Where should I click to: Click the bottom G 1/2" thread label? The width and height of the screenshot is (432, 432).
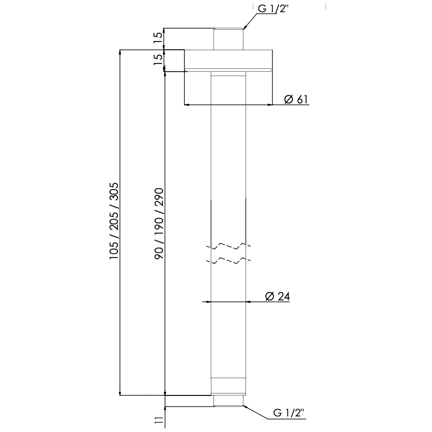289,413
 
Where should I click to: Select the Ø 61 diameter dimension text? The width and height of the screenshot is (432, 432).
296,99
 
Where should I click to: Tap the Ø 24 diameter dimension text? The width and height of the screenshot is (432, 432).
277,296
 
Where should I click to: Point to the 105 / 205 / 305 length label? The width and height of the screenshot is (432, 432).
114,222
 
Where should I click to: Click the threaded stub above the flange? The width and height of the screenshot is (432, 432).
228,39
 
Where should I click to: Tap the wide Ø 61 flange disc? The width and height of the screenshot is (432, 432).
228,61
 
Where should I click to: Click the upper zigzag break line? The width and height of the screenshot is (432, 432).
228,245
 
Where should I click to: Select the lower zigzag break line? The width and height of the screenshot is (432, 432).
228,259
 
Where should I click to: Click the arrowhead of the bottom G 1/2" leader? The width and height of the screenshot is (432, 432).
245,406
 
